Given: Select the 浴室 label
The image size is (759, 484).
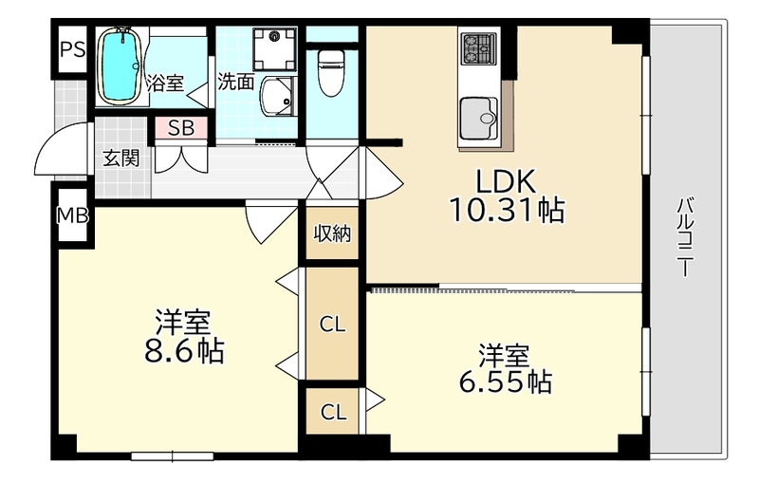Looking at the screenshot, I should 166,83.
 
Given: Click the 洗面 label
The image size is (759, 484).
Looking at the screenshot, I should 235,82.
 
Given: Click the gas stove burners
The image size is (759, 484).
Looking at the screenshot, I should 478,46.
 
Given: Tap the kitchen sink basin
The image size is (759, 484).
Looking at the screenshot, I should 478,119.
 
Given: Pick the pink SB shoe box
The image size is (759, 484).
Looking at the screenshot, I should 180,128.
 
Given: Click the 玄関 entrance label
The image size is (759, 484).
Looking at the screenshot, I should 120,158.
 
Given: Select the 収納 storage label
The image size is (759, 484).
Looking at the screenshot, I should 333,232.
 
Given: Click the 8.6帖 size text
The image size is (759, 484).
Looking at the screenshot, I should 183,352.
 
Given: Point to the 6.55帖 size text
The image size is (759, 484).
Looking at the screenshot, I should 503,382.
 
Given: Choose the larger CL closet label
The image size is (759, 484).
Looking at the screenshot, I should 332,326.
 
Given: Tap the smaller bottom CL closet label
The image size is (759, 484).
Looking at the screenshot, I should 332,412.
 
